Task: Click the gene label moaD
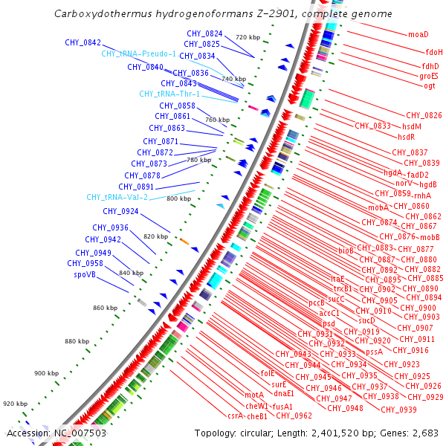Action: point(418,35)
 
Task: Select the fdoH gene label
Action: point(434,53)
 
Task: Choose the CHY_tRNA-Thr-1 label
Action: point(169,94)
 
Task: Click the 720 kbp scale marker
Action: point(248,37)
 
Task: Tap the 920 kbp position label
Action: point(13,404)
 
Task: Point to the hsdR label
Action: point(406,138)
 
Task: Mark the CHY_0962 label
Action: point(294,416)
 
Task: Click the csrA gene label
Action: point(236,416)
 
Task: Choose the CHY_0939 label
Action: point(398,410)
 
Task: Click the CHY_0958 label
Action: point(85,263)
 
